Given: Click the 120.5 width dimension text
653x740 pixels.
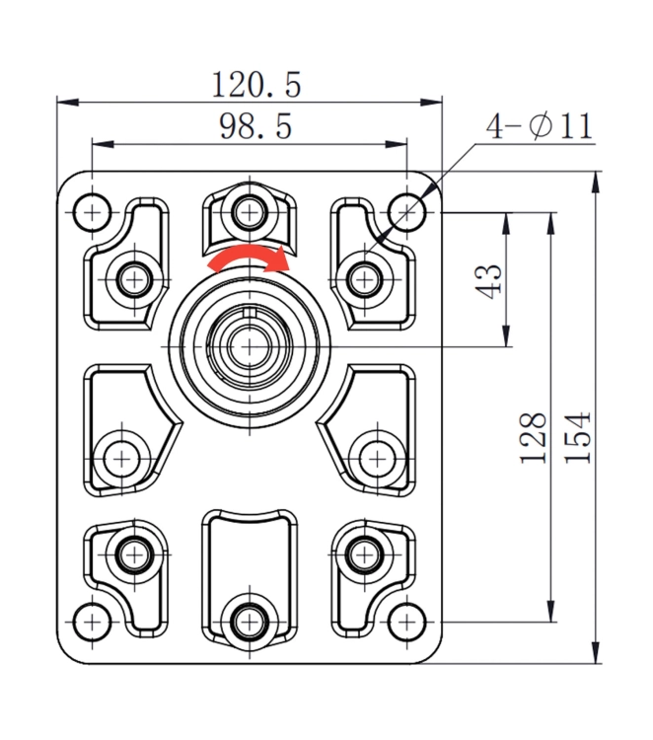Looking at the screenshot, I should click(x=255, y=85).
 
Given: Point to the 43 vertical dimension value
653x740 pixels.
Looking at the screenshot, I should click(x=490, y=279).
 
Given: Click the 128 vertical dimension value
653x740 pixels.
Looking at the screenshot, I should click(x=534, y=437).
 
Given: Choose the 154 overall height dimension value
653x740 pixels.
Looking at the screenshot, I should click(x=579, y=437).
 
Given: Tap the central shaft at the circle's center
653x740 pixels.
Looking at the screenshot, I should click(x=249, y=346).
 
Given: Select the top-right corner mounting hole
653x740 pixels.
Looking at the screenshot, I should click(x=405, y=210).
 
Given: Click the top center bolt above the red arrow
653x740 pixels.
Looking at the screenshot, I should click(x=249, y=210).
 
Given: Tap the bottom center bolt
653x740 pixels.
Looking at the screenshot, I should click(x=249, y=622).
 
